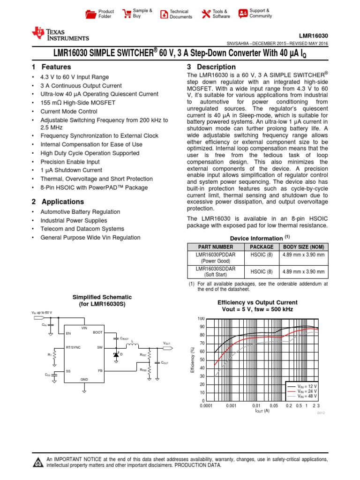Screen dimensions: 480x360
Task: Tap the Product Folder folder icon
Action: pos(91,14)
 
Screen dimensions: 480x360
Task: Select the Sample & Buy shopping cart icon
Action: pos(127,14)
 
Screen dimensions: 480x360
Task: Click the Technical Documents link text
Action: pos(180,14)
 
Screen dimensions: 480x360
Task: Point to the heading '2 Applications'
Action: pos(58,202)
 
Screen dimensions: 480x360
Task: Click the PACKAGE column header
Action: pos(261,247)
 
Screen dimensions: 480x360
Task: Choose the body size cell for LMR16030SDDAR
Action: pos(303,271)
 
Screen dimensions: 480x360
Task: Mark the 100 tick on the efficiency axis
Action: pos(201,319)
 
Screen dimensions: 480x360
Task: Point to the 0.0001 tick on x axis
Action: pos(207,405)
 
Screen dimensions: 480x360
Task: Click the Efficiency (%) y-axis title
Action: pos(192,360)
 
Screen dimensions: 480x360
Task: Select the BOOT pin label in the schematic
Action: pos(97,332)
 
